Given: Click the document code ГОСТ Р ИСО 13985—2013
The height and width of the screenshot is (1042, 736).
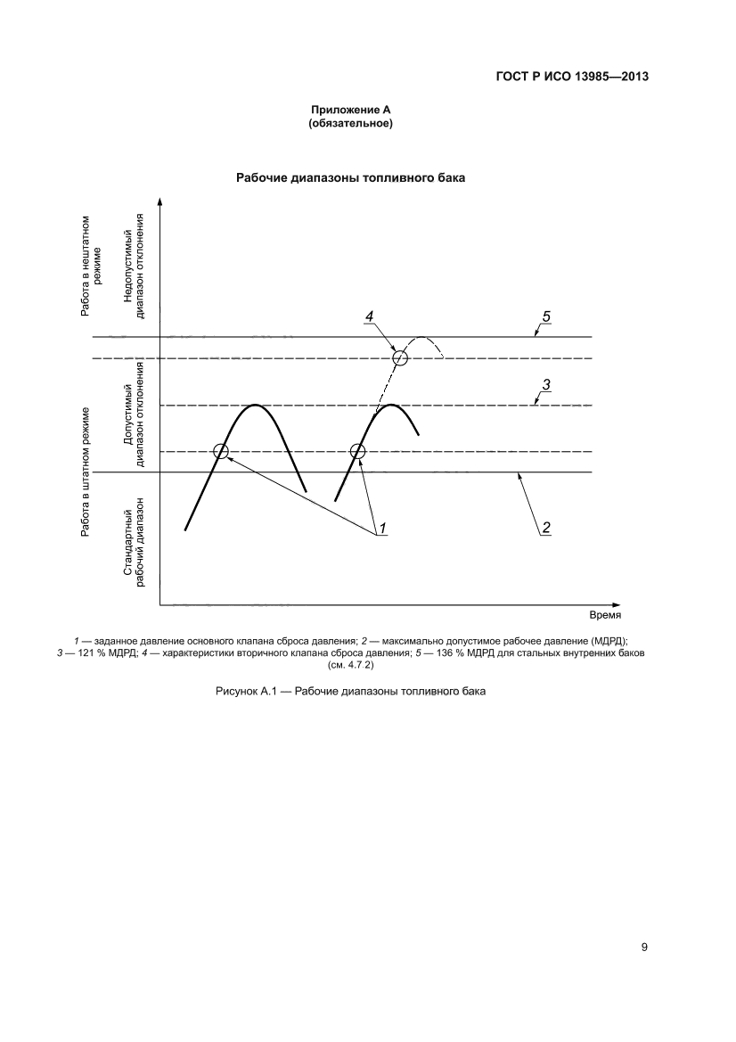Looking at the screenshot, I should (x=570, y=77).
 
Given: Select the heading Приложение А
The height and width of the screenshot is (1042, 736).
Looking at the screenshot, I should (x=350, y=110).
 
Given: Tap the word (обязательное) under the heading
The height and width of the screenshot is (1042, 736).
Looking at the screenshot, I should (x=350, y=123).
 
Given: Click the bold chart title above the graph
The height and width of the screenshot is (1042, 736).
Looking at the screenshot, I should (x=350, y=177).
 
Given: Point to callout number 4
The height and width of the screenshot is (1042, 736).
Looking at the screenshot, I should (x=369, y=316).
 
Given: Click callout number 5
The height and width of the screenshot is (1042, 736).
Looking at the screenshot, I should (x=547, y=316).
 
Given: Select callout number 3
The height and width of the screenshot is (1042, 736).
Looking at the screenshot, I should (x=547, y=385).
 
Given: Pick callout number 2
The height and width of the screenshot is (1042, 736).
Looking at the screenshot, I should (x=546, y=528).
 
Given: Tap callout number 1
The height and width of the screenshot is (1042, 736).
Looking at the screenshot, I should (x=382, y=529).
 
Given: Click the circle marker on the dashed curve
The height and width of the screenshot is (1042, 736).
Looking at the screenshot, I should (x=400, y=358).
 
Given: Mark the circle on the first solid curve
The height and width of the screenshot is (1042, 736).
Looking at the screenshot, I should (x=222, y=452).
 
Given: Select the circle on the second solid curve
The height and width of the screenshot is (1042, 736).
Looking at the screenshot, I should (x=358, y=452).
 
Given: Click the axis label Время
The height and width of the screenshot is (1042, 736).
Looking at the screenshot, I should (x=605, y=615).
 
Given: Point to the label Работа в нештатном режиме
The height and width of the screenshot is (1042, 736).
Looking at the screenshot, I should (x=92, y=266).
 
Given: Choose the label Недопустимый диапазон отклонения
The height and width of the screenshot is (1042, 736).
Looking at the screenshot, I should (x=134, y=266).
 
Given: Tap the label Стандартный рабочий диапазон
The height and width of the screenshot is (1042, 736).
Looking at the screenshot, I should (x=134, y=543).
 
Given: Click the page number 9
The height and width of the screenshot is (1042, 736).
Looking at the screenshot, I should (x=643, y=947).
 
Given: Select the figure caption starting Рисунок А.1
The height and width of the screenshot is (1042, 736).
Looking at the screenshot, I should (x=350, y=691).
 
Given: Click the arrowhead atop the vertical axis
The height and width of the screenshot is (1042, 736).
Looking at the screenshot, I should (x=159, y=203).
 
